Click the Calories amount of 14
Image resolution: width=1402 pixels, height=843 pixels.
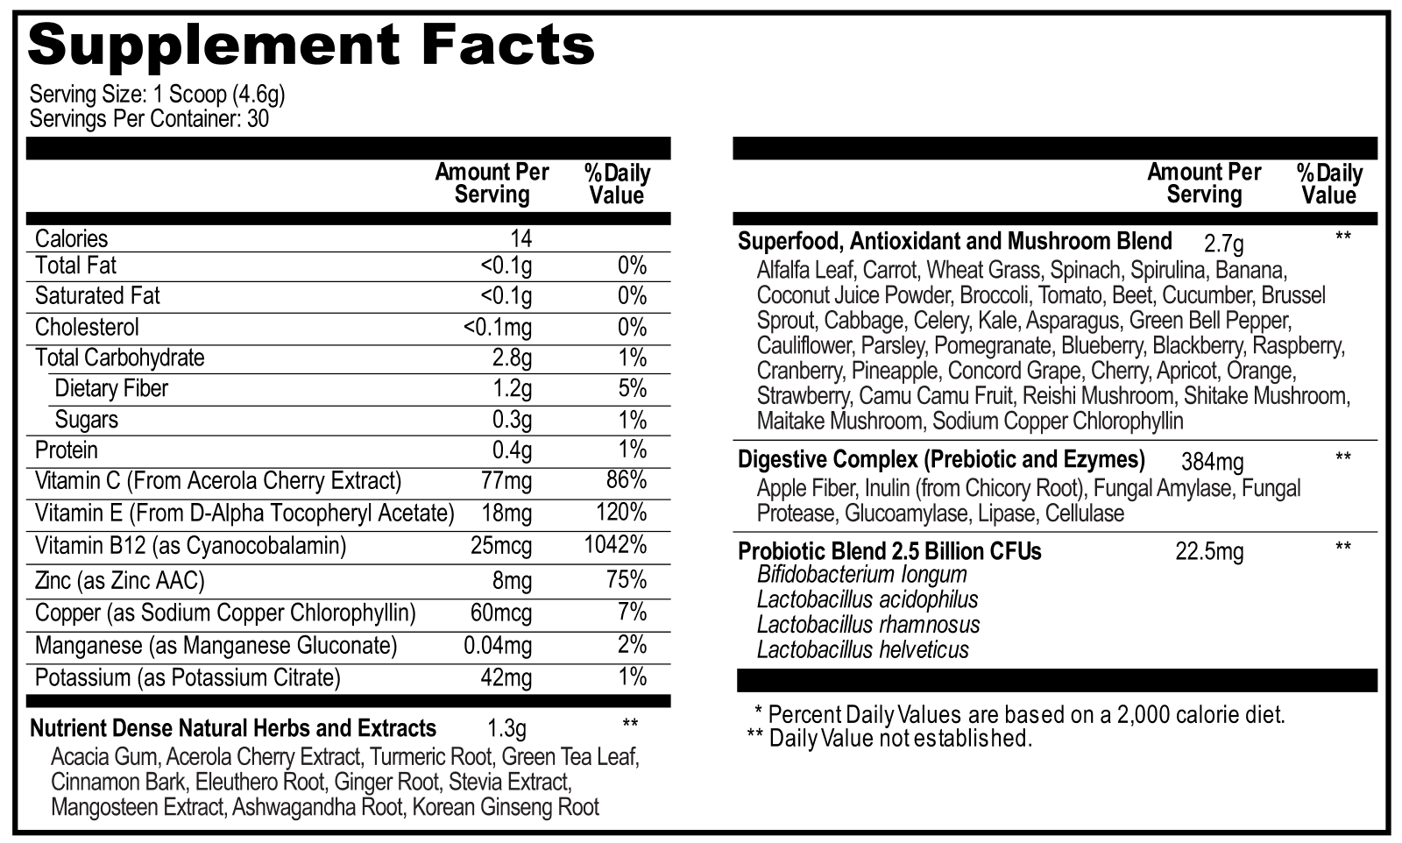pos(520,238)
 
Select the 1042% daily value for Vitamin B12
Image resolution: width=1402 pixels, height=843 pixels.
pos(615,545)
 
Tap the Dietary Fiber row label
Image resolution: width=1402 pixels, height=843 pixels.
pos(111,388)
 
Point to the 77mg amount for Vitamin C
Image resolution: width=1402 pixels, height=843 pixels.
pos(506,481)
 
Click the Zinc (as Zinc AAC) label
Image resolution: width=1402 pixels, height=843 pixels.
pos(120,580)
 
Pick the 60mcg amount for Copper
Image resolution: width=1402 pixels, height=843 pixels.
pos(501,613)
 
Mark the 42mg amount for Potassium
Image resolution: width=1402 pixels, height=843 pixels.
pos(506,677)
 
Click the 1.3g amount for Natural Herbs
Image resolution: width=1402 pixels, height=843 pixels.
pos(506,728)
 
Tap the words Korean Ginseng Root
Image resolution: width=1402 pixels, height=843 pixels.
pos(506,807)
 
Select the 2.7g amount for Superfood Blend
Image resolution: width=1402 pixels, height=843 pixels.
pos(1223,243)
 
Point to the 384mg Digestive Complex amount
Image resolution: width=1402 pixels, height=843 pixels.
pos(1212,461)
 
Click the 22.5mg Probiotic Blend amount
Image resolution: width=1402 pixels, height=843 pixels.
pos(1209,552)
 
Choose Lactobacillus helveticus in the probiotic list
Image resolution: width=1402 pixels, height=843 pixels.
pos(863,650)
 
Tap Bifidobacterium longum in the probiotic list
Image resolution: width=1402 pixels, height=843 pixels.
pos(862,575)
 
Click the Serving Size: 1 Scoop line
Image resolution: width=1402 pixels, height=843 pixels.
pos(158,94)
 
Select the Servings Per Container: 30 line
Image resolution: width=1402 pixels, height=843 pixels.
pos(149,118)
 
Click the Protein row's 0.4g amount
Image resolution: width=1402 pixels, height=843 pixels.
pos(512,450)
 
